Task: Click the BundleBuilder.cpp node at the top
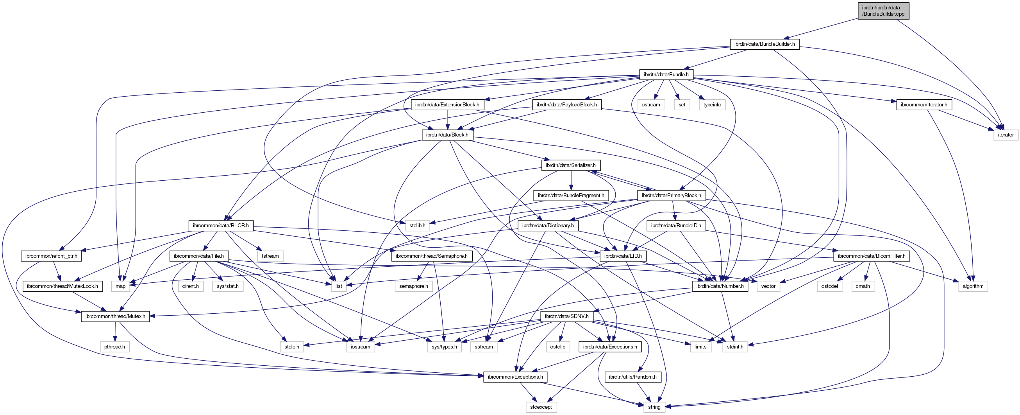883,11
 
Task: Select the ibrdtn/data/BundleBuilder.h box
764,44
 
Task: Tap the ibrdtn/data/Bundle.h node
666,75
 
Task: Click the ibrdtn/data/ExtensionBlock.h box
447,105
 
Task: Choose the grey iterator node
1005,135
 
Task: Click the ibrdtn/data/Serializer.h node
570,165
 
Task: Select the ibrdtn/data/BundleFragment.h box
571,196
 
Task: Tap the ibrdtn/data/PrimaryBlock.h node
671,196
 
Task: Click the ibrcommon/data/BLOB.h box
221,226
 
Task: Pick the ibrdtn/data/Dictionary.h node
548,226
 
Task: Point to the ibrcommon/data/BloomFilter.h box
871,256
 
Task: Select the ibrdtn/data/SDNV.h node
566,316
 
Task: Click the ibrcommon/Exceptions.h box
515,377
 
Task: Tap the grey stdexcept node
541,407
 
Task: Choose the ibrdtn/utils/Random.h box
632,377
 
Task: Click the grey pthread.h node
115,347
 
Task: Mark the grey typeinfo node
712,105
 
